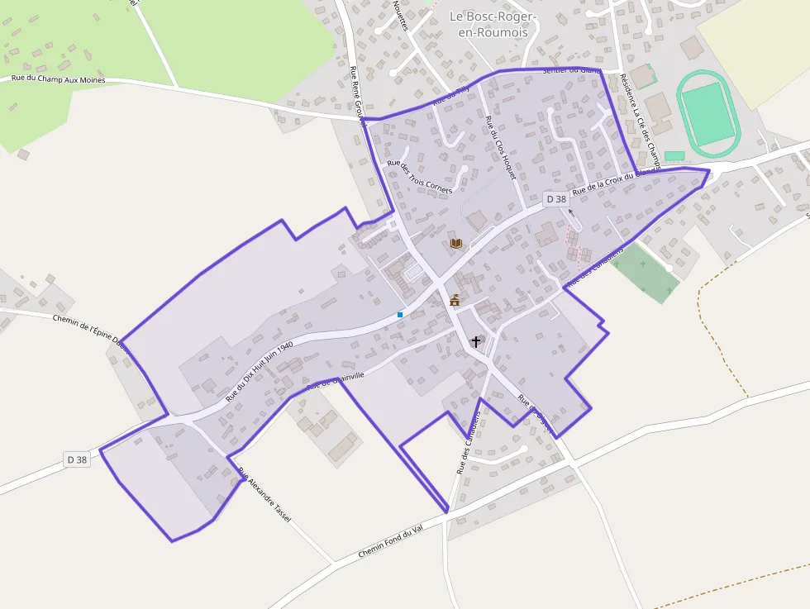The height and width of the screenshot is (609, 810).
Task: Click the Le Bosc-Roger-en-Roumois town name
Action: [x=493, y=25]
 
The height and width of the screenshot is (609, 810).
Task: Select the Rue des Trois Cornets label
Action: [x=420, y=176]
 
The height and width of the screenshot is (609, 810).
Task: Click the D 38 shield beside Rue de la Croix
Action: [x=556, y=199]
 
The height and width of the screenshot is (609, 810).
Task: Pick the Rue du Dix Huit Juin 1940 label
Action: [x=260, y=371]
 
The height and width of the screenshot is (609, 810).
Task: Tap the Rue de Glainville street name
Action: [x=336, y=380]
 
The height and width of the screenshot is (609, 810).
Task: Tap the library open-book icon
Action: [x=455, y=243]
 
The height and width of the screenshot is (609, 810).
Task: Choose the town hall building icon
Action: [x=454, y=301]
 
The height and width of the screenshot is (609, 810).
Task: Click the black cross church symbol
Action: [x=475, y=340]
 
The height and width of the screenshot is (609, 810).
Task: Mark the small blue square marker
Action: [x=400, y=314]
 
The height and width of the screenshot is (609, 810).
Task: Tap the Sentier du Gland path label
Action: [x=570, y=70]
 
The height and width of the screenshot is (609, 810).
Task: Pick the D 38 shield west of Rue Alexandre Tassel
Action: [x=77, y=459]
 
